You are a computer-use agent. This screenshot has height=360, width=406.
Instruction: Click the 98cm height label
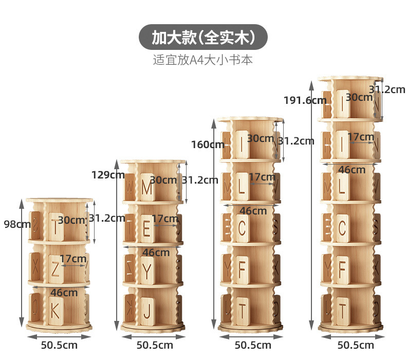point(10,224)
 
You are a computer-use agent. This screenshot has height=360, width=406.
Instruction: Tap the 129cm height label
point(108,174)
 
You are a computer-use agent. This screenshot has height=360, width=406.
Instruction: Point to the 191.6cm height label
point(305,100)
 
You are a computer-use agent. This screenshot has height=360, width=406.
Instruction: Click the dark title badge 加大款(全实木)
point(203,37)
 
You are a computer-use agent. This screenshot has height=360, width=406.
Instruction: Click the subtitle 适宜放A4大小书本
point(203,60)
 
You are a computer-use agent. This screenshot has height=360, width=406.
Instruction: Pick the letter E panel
point(147,228)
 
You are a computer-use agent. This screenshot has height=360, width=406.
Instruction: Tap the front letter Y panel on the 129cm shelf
point(147,269)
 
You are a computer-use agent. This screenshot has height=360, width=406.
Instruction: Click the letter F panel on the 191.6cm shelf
point(342,268)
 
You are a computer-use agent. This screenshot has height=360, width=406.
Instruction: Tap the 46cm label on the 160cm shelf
point(253,210)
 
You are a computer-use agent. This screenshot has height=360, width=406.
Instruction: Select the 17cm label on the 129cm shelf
point(165,219)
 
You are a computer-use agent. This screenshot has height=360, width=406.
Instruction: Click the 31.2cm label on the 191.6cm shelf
point(386,89)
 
